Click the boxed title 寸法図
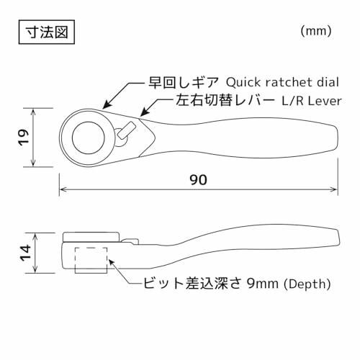click(x=47, y=32)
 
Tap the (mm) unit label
click(x=316, y=31)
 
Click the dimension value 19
click(x=24, y=138)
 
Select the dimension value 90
click(x=198, y=180)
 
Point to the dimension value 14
click(x=25, y=253)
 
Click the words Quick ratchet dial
click(x=282, y=82)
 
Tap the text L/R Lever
click(x=312, y=101)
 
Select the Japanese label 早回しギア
click(x=184, y=82)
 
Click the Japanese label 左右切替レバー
click(x=225, y=101)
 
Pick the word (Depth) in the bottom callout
click(x=307, y=284)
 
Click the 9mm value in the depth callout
click(x=263, y=284)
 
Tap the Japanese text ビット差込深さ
click(x=192, y=284)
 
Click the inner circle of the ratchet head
click(x=89, y=122)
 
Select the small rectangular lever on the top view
click(x=126, y=130)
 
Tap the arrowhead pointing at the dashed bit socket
click(x=111, y=262)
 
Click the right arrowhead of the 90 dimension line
click(x=335, y=189)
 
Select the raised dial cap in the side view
click(x=91, y=237)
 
